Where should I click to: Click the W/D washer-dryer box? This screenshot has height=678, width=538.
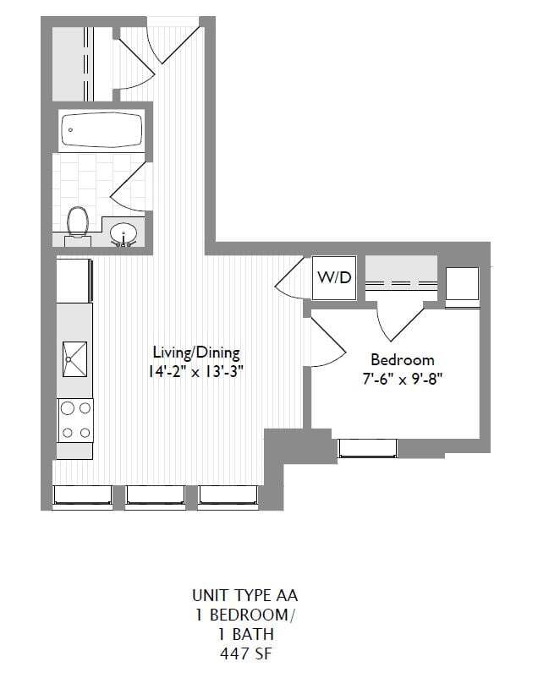pyautogui.click(x=334, y=278)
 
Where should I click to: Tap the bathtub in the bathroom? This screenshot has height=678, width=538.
pyautogui.click(x=102, y=131)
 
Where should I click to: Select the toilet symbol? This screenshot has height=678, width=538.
pyautogui.click(x=78, y=223)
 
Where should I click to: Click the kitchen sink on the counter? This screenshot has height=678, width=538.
pyautogui.click(x=75, y=360)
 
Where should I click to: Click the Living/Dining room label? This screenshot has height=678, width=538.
pyautogui.click(x=196, y=352)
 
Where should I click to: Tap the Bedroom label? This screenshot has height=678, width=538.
pyautogui.click(x=402, y=359)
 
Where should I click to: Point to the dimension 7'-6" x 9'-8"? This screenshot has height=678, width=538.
pyautogui.click(x=402, y=379)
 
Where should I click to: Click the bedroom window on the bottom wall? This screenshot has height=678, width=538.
pyautogui.click(x=367, y=448)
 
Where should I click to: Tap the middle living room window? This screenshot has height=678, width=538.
pyautogui.click(x=156, y=497)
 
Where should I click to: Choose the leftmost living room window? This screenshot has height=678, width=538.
pyautogui.click(x=83, y=497)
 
